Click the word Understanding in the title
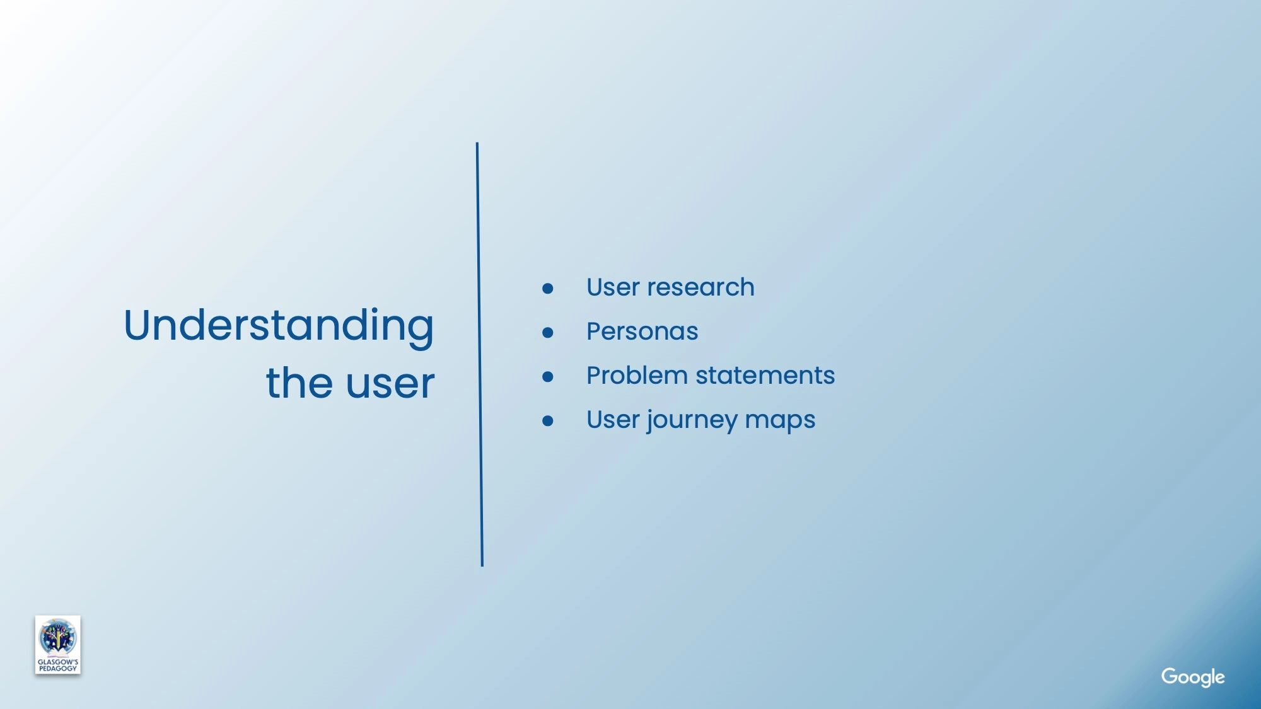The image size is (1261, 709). pos(279,326)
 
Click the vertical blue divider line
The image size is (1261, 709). pos(480,354)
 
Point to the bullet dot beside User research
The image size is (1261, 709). pos(548,289)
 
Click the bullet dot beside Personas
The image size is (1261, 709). pos(548,333)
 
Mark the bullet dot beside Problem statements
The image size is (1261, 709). pos(548,377)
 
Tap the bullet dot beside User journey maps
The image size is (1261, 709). pos(548,421)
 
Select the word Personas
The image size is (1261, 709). pos(642,331)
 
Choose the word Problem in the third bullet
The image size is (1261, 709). pos(637,376)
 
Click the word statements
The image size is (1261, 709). pos(765,376)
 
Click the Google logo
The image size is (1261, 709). pos(1193,677)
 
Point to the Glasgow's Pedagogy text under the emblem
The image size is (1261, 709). pos(58,666)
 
